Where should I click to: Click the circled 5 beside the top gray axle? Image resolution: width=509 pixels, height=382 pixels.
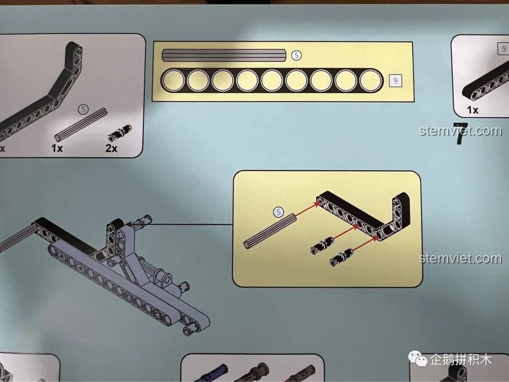296,56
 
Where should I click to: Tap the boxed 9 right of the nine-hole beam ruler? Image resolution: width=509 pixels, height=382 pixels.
395,81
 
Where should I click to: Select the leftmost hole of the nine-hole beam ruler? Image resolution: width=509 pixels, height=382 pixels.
173,80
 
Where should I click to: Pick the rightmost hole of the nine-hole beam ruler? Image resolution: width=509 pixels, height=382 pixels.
371,80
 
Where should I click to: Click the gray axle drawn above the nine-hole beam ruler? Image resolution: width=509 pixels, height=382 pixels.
224,55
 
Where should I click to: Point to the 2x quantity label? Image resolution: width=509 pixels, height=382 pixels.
111,148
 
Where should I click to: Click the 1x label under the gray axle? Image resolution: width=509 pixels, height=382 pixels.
57,148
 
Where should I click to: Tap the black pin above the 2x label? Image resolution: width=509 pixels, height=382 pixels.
120,133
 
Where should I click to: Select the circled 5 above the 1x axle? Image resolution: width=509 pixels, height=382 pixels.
83,109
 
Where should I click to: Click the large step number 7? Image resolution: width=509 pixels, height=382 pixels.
460,133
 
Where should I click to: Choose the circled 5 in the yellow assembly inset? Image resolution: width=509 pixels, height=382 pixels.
278,212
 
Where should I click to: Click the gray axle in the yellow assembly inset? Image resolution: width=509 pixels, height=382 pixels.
270,231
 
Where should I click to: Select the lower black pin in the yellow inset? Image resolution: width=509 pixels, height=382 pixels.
342,257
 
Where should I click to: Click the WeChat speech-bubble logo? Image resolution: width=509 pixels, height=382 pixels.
417,358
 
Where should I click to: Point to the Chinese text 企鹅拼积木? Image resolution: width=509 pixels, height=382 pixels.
461,360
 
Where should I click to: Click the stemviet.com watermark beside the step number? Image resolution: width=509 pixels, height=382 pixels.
460,131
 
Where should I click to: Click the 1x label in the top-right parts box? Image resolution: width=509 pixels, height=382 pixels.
473,110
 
